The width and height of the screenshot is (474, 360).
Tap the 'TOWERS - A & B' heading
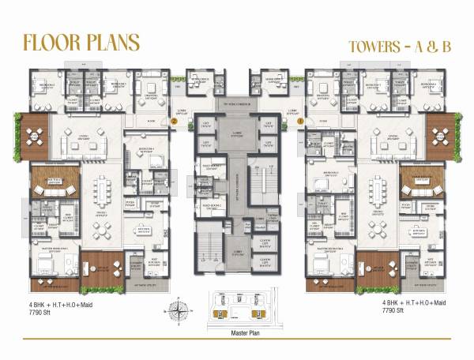[399, 46]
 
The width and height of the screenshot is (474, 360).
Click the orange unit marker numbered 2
[174, 122]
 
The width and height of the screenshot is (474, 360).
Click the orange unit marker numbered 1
[300, 122]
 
